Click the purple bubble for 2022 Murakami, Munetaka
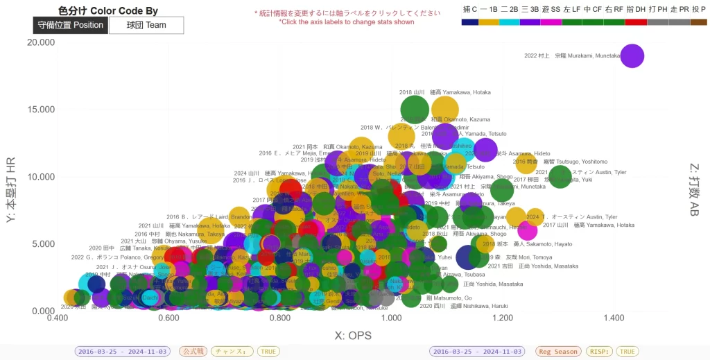632,55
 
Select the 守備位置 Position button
70,25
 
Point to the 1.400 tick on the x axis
614,318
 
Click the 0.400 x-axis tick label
58,318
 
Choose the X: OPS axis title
353,336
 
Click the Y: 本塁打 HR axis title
10,189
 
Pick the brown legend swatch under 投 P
698,22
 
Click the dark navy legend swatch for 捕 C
469,22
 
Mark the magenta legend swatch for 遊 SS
551,22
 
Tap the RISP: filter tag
599,352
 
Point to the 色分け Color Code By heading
108,10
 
